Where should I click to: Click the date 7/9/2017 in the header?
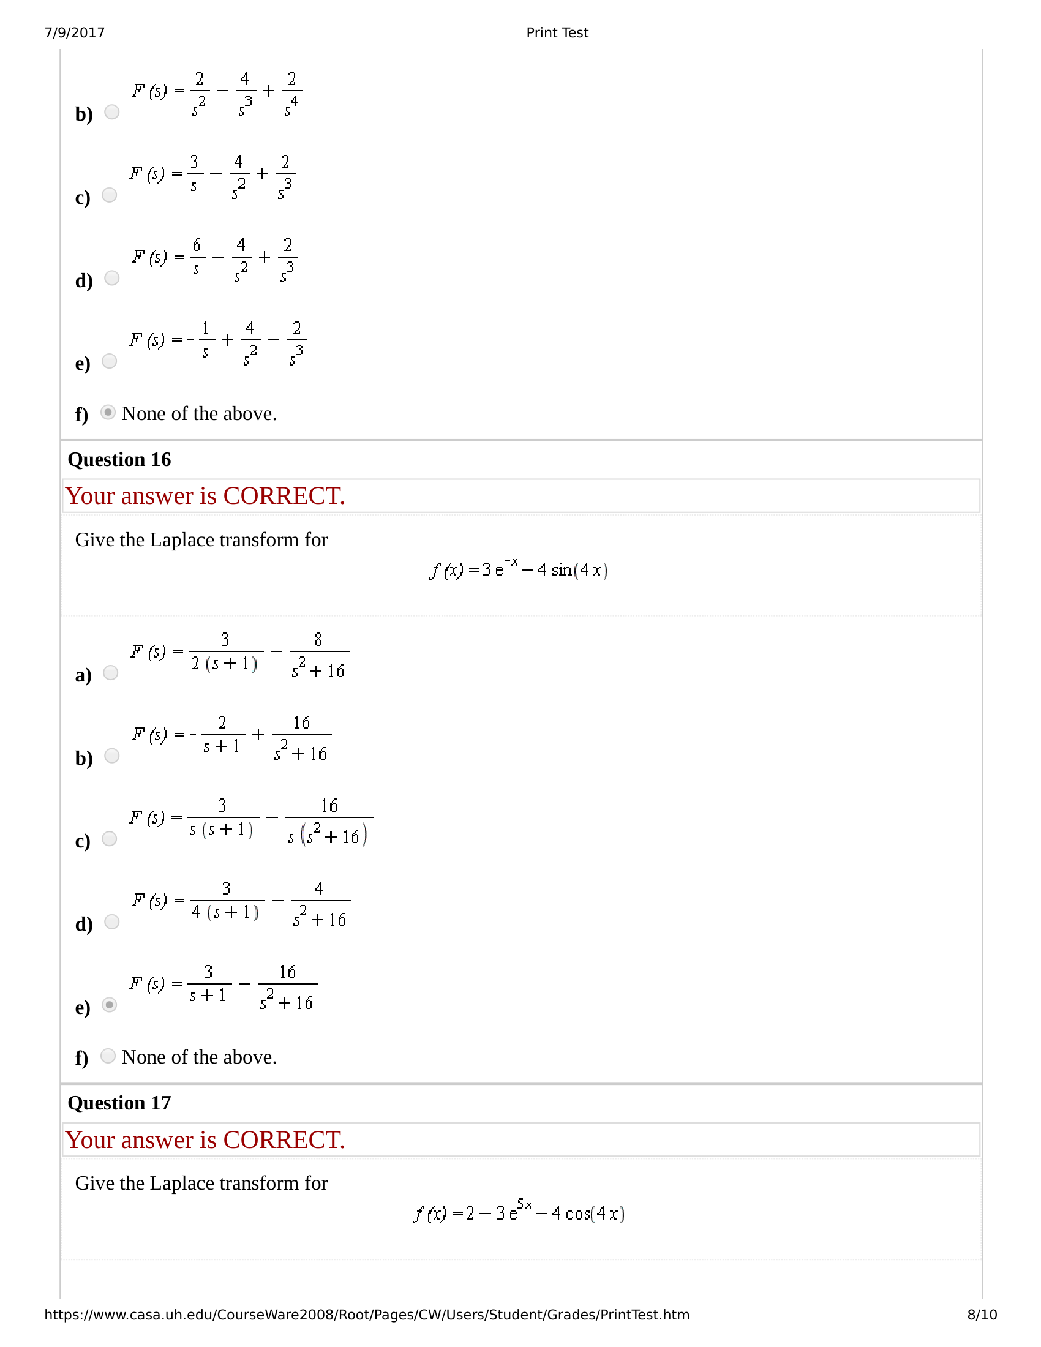(x=75, y=32)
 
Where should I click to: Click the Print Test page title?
(x=557, y=32)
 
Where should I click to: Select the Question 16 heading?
(x=119, y=459)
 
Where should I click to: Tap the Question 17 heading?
(x=119, y=1103)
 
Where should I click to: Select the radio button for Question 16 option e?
(x=109, y=1005)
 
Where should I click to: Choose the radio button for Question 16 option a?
(x=110, y=672)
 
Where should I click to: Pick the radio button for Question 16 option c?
(x=109, y=839)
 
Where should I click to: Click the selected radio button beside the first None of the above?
(x=108, y=412)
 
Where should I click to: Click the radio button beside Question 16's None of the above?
(x=108, y=1056)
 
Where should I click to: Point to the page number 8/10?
(x=982, y=1315)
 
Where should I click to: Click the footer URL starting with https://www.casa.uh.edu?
(x=366, y=1315)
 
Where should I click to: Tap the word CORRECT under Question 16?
(x=284, y=497)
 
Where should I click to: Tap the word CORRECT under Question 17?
(x=284, y=1141)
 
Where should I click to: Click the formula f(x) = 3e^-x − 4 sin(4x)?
(x=519, y=569)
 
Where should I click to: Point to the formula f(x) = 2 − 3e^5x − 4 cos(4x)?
(x=519, y=1213)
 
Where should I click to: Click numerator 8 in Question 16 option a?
(x=318, y=640)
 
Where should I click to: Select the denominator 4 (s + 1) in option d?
(x=225, y=912)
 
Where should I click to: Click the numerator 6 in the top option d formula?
(x=197, y=246)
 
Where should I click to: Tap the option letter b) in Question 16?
(x=83, y=758)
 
